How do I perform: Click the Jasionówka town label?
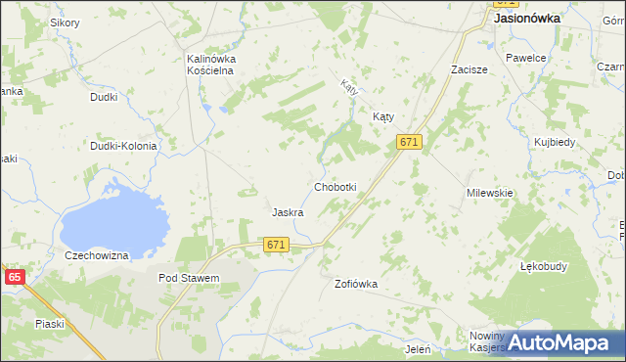coord(527,18)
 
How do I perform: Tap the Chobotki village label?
coord(335,187)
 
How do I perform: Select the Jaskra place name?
coord(288,212)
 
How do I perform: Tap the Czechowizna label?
coord(97,255)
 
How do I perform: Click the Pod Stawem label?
coord(189,278)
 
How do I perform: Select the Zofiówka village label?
coord(356,284)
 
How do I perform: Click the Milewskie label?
coord(490,193)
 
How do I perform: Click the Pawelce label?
coord(525,58)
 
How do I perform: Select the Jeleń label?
coord(418,348)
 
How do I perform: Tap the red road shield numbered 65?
coord(14,278)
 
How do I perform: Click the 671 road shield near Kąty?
coord(410,143)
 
